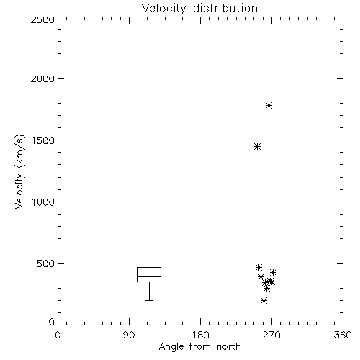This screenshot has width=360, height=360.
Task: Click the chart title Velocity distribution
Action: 199,9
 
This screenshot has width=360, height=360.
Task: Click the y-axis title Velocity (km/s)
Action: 19,172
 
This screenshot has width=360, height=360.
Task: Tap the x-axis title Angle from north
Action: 200,347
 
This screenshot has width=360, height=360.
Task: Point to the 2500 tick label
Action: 42,19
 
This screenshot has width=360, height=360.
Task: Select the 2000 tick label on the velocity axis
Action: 42,78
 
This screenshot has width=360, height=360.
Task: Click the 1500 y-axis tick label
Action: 43,140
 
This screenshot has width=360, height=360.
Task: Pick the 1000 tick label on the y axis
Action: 43,202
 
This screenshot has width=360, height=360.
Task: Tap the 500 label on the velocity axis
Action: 45,264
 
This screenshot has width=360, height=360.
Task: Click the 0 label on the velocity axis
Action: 52,322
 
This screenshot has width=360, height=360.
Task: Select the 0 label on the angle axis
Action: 58,335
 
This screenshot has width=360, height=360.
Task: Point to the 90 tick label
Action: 129,335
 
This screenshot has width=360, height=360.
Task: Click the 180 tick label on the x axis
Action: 200,335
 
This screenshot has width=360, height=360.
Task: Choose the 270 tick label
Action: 271,335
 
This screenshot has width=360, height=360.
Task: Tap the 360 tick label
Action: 343,335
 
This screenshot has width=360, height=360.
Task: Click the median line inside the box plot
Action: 149,276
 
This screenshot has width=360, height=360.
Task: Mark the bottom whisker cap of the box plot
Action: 149,300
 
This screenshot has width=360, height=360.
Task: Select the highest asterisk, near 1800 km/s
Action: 269,105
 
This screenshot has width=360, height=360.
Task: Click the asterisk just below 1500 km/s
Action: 257,147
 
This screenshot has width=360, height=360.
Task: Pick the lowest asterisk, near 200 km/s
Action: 264,301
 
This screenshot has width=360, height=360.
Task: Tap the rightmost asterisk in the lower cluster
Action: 273,272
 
